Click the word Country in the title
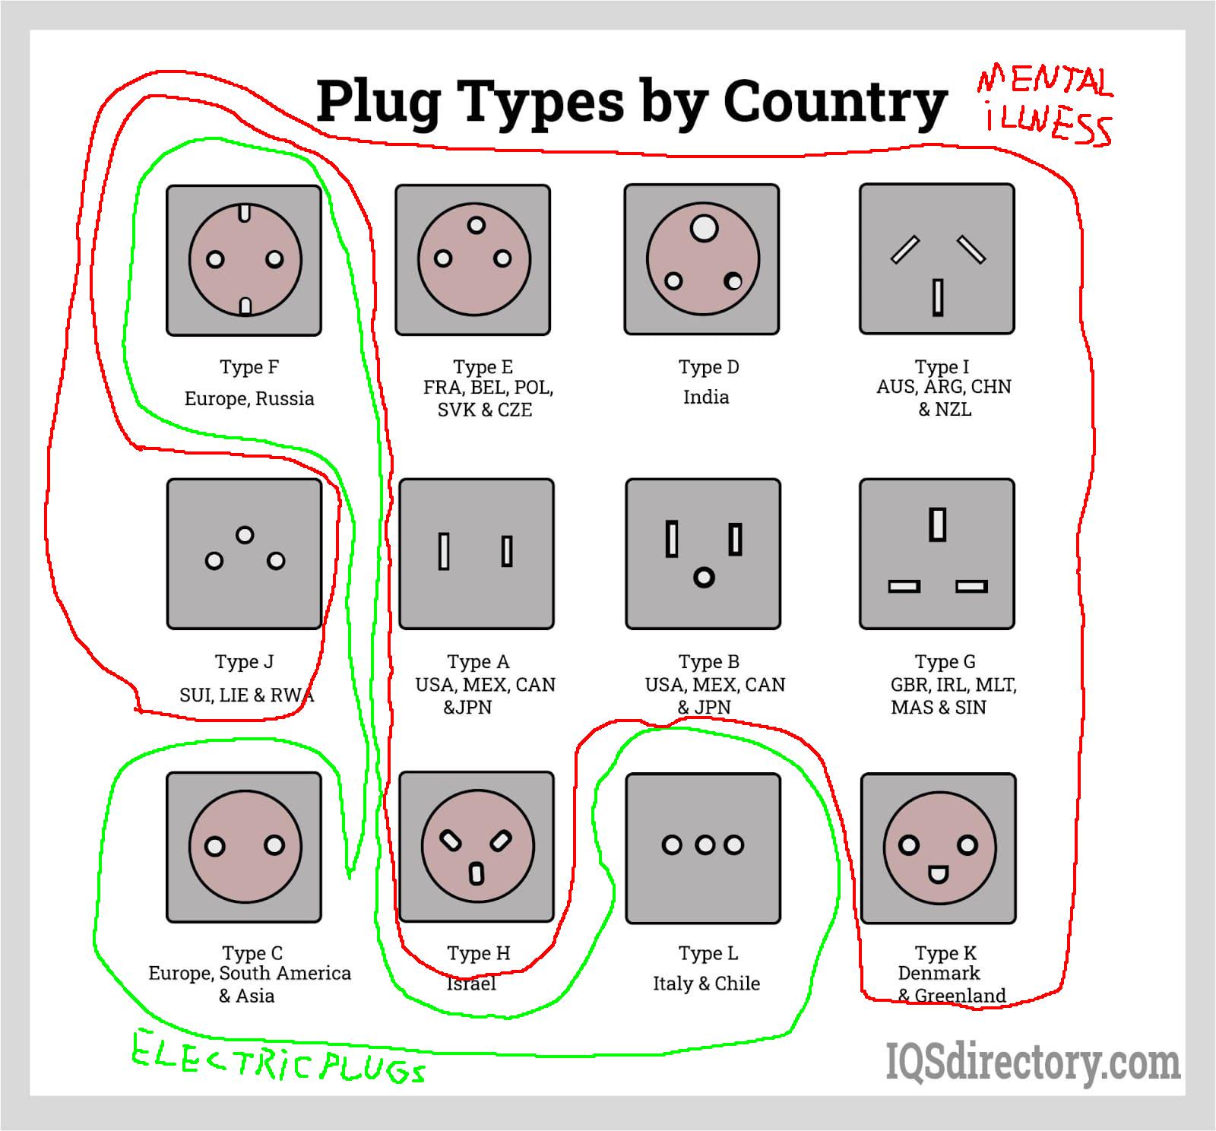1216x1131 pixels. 834,101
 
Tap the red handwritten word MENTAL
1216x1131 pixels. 1045,81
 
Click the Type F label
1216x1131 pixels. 249,367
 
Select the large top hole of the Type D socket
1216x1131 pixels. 704,227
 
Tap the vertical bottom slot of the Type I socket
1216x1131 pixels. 938,297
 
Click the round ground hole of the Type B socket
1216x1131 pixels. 704,578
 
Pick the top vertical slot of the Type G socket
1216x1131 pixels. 938,524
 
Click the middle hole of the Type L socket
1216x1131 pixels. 705,844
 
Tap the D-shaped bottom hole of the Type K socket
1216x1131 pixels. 938,875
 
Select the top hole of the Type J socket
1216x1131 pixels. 245,535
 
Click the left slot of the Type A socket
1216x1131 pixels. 444,551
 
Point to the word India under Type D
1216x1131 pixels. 706,397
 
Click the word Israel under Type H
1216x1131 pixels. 471,984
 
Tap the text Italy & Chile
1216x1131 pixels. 706,984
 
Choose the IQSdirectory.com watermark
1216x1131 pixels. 1032,1062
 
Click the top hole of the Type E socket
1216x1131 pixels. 477,225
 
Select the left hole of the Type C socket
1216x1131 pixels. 215,846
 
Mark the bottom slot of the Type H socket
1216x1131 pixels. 477,874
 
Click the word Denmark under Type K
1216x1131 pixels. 939,973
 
